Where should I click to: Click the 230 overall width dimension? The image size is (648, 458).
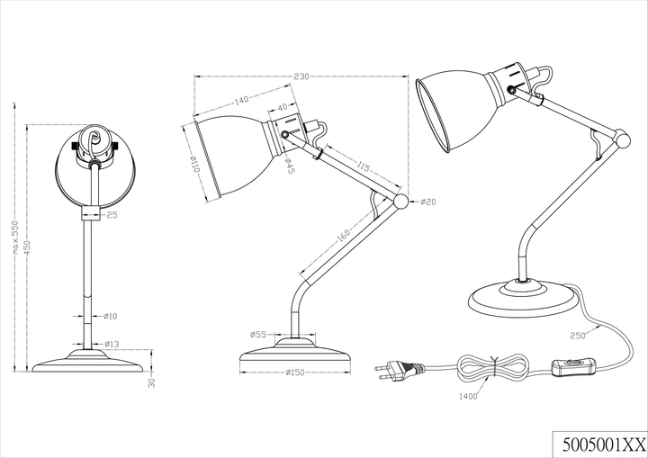(x=301, y=76)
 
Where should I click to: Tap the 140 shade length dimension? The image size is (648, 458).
(x=241, y=100)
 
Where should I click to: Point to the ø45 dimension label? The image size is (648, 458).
(x=290, y=166)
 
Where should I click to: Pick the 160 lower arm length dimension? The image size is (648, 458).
(x=344, y=234)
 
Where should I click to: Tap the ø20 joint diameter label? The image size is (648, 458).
(x=428, y=202)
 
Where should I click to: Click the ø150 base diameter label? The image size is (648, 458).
(x=294, y=373)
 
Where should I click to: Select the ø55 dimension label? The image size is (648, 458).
(x=258, y=335)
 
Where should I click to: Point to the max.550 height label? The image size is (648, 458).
(x=15, y=237)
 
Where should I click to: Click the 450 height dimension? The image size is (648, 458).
(x=29, y=247)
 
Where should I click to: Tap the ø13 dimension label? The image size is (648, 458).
(x=111, y=344)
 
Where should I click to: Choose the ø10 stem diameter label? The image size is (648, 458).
(x=110, y=316)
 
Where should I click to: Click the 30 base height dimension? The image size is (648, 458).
(x=152, y=382)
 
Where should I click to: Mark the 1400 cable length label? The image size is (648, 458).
(x=468, y=397)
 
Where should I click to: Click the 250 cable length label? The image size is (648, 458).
(x=578, y=336)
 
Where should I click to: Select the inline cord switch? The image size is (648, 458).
(x=572, y=366)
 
